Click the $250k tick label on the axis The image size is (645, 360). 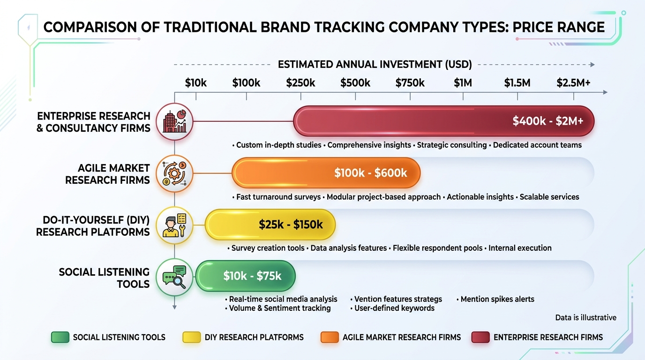click(300, 83)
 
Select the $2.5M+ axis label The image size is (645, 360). click(573, 83)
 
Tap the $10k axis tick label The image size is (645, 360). click(195, 83)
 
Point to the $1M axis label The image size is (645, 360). click(463, 83)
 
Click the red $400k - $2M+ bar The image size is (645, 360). click(443, 121)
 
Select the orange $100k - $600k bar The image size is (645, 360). click(326, 173)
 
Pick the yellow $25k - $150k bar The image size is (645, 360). click(270, 225)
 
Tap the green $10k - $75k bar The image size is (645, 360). click(246, 276)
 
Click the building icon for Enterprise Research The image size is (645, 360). click(174, 121)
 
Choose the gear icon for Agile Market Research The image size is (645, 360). click(174, 173)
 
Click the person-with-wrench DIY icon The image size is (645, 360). click(174, 225)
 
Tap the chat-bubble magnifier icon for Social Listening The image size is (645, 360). click(174, 277)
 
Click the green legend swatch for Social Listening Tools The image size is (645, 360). click(60, 337)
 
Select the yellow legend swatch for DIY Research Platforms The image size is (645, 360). click(192, 337)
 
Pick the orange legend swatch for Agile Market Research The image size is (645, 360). click(330, 337)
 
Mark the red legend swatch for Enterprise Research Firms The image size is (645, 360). click(480, 337)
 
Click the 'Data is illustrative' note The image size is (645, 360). click(585, 318)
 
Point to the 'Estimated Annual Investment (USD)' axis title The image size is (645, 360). click(375, 65)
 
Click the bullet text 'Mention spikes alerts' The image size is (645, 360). click(497, 299)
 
